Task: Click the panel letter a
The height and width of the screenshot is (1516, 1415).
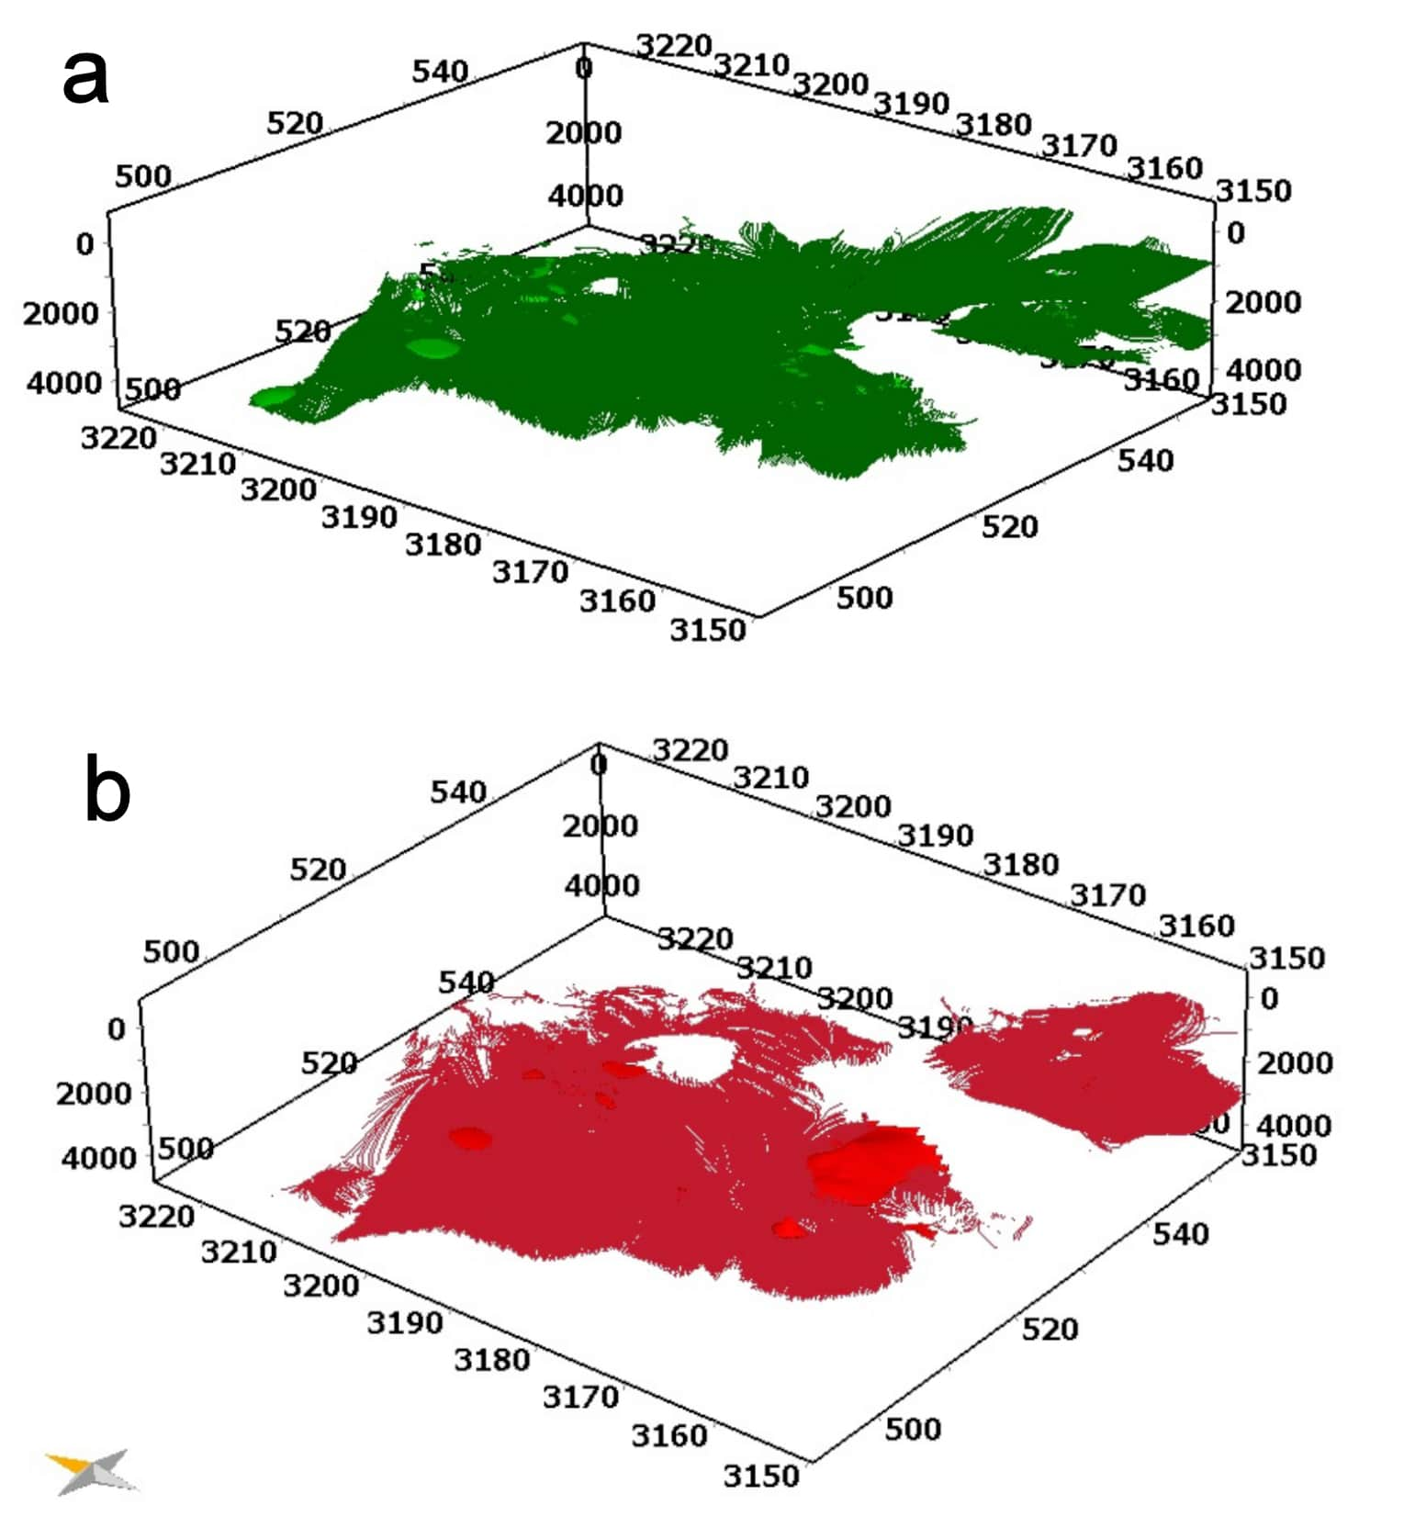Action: (85, 77)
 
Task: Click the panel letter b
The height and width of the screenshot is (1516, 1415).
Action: (107, 790)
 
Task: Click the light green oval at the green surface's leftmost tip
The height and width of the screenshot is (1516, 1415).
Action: (274, 397)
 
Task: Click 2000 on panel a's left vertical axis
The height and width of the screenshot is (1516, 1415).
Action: (61, 313)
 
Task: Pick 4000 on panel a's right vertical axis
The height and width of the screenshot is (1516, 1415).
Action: (1263, 369)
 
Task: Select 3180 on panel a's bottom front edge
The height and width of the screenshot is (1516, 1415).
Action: (443, 545)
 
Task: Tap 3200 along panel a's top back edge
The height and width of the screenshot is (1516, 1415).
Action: (830, 84)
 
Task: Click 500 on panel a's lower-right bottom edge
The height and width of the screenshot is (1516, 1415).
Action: (864, 597)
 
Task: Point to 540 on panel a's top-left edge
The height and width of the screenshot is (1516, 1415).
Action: (440, 71)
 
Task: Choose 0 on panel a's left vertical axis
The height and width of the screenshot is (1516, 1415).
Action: (84, 244)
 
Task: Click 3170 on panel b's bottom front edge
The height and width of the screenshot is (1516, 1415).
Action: (580, 1397)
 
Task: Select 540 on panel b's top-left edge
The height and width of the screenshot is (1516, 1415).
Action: (458, 792)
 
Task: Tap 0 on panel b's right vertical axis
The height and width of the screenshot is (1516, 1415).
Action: (1269, 998)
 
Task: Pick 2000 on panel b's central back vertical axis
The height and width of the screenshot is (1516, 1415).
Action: (600, 826)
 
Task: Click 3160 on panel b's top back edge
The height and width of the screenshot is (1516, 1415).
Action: (1196, 926)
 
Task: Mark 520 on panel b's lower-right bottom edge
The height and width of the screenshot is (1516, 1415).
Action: (1050, 1328)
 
